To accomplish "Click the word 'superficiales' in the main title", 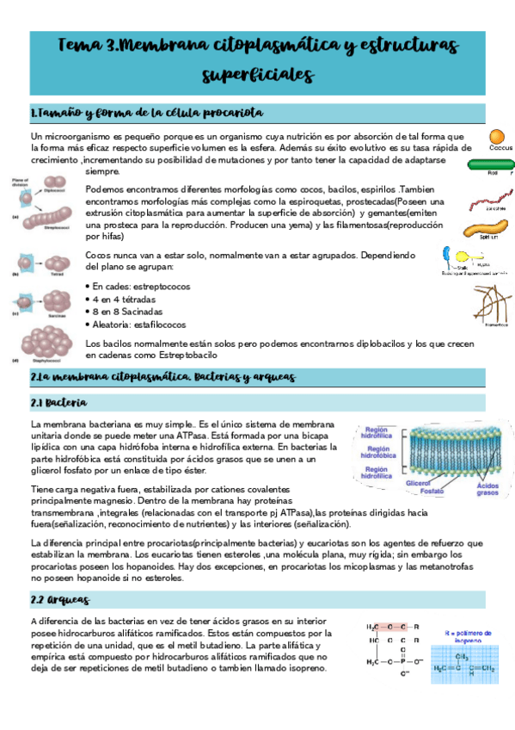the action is pyautogui.click(x=257, y=74).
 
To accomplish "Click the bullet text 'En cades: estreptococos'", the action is pyautogui.click(x=142, y=286).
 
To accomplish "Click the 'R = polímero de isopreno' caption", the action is pyautogui.click(x=464, y=637).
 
